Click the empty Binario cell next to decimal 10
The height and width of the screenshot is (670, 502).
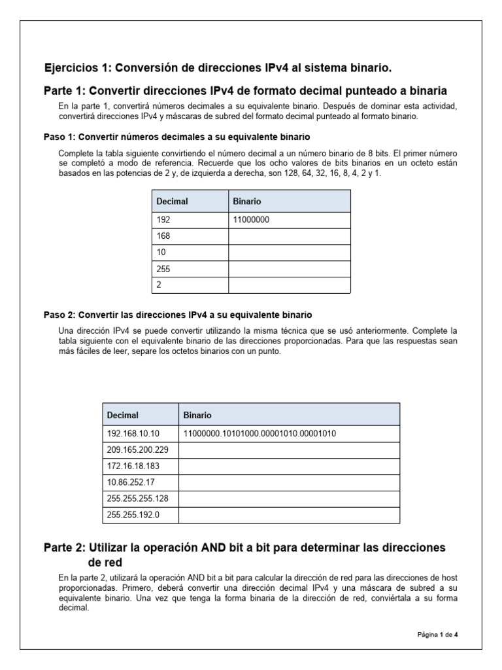click(x=289, y=253)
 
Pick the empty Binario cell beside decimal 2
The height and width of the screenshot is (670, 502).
click(x=289, y=285)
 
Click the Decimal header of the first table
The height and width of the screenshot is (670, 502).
click(x=173, y=202)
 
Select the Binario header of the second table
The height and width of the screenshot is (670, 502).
click(x=197, y=415)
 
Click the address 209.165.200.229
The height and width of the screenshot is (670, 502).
click(x=135, y=450)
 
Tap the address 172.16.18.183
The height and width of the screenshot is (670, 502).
click(x=132, y=467)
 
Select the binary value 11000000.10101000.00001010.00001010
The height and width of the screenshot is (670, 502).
click(x=259, y=433)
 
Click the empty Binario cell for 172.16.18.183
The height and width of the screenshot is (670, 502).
click(x=289, y=467)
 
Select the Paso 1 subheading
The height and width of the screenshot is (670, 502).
click(x=176, y=137)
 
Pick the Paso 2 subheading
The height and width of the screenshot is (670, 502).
click(x=178, y=315)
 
